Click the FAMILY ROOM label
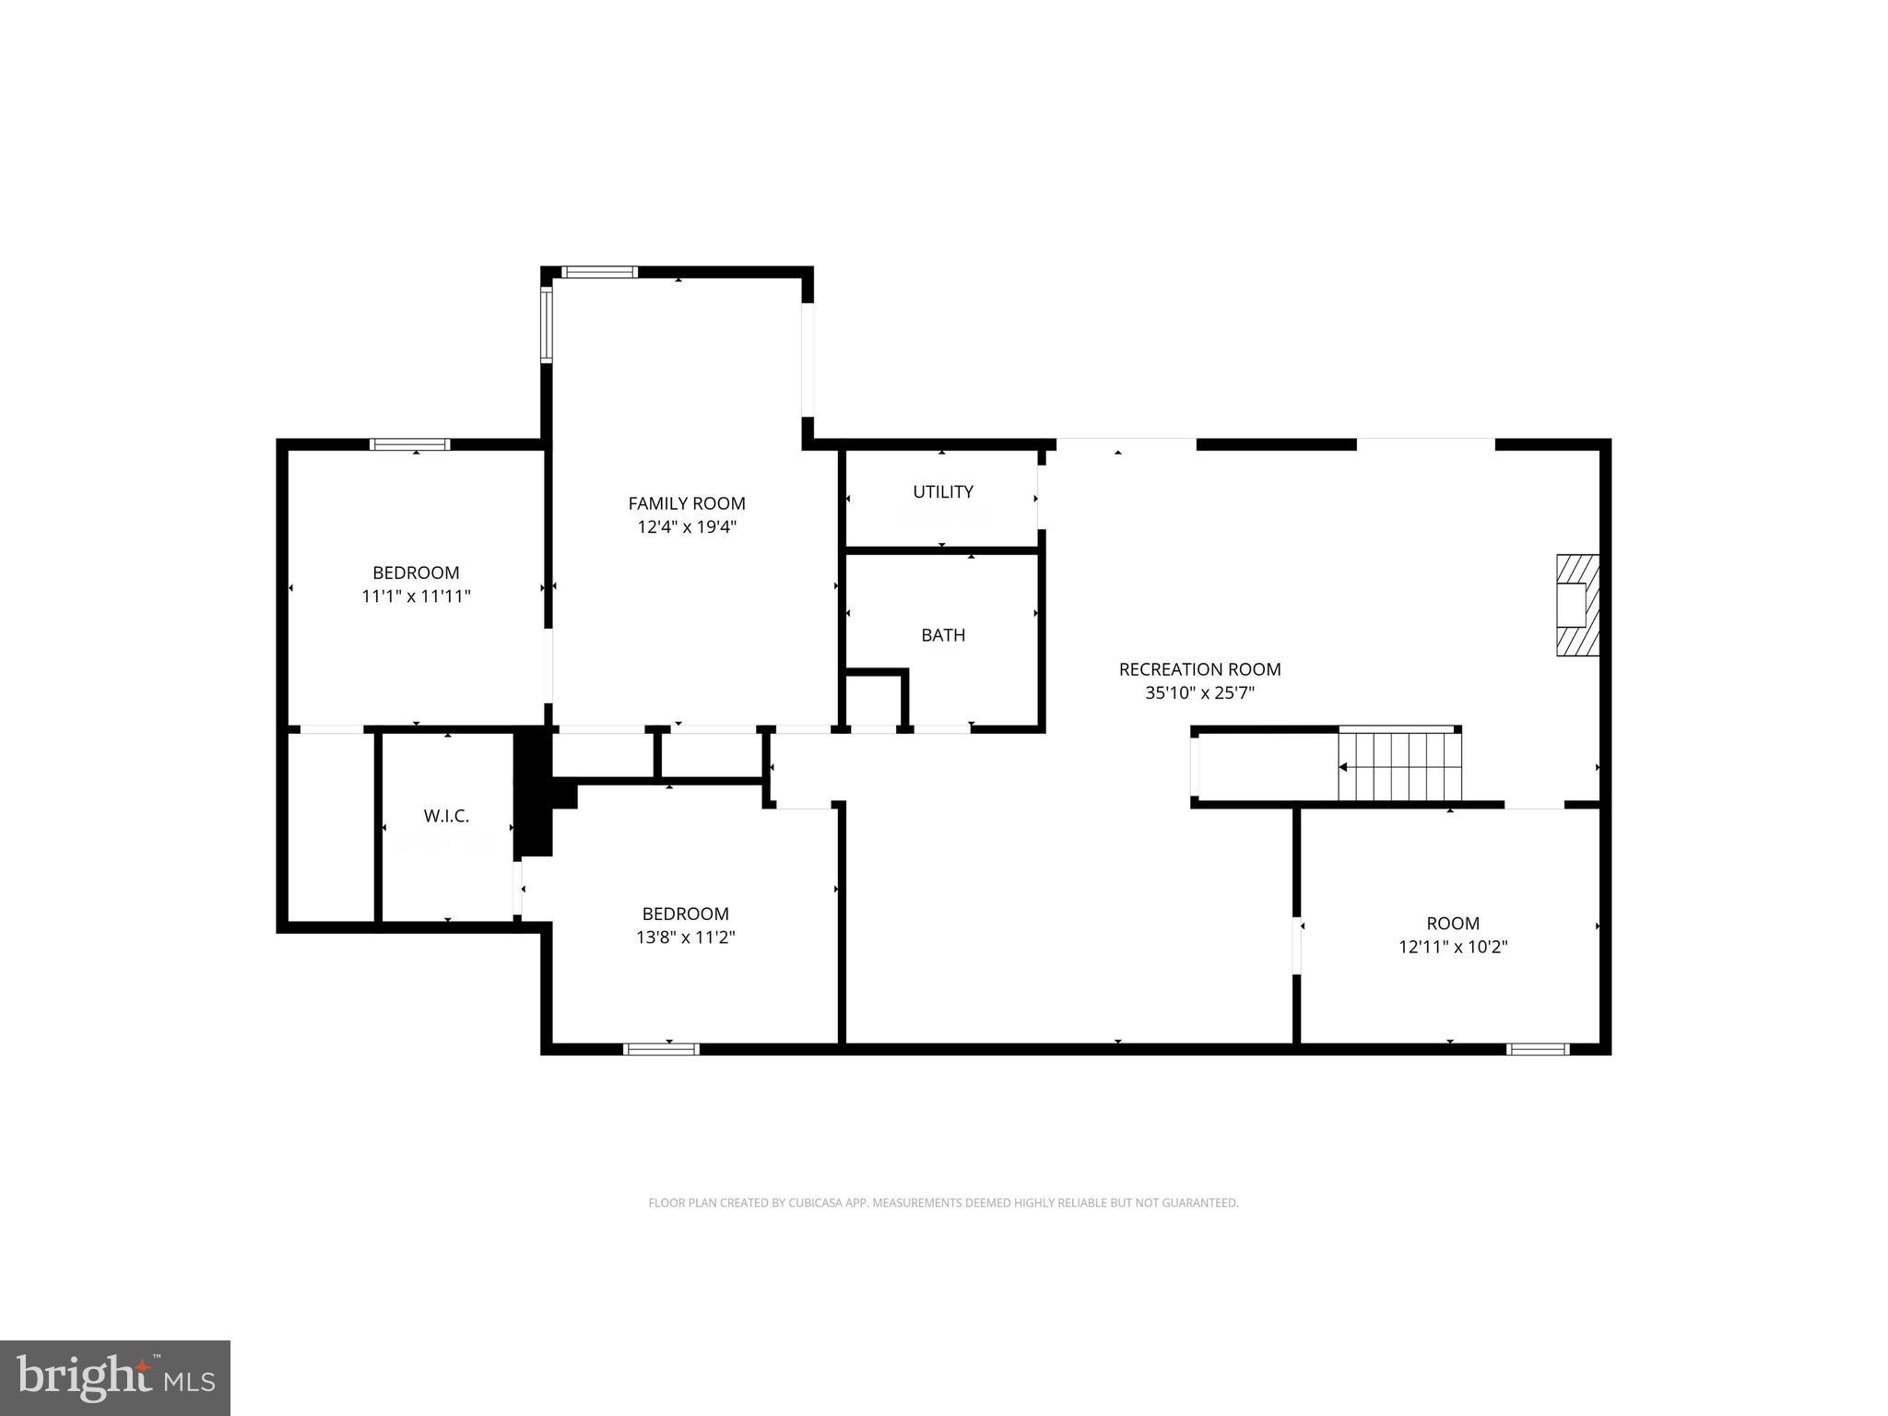pos(686,503)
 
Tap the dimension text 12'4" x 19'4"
pos(686,527)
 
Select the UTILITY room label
pos(942,492)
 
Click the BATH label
pos(942,635)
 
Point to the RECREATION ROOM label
pos(1199,669)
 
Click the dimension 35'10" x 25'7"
pos(1199,693)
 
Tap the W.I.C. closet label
pos(446,816)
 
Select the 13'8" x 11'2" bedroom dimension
pos(685,938)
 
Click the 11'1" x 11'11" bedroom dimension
pos(416,596)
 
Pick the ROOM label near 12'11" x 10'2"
pos(1452,923)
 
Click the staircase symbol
pos(1399,765)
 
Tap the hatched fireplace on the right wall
pos(1576,605)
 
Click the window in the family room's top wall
pos(599,272)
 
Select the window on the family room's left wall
pos(546,324)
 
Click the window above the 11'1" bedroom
pos(410,444)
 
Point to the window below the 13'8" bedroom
pos(661,1048)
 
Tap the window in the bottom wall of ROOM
pos(1537,1048)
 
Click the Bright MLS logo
pos(114,1378)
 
